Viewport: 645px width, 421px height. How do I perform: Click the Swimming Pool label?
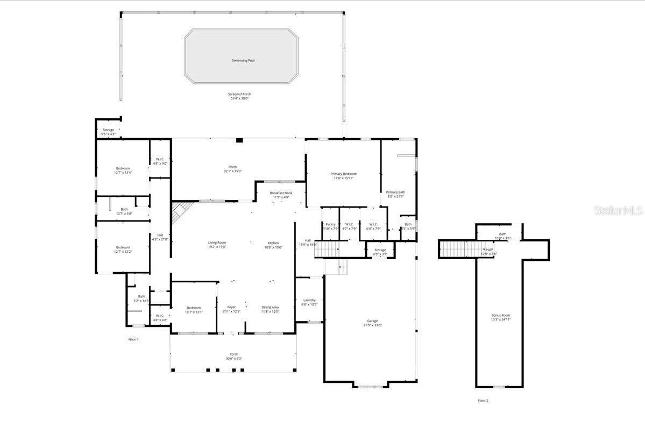tap(243, 61)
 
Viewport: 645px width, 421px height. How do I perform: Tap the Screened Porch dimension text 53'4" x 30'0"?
tap(239, 98)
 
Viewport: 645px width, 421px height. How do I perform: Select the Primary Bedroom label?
tap(343, 174)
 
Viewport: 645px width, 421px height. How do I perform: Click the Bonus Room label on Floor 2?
tap(501, 315)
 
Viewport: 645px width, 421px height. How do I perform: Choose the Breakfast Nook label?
tap(281, 192)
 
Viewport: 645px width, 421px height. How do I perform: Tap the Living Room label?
tap(217, 242)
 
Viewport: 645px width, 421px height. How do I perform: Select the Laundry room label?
tap(309, 300)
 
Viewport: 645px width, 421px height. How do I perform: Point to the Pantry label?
tap(330, 224)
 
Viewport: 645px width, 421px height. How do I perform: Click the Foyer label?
tap(231, 307)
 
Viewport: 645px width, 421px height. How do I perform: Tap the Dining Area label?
tap(270, 307)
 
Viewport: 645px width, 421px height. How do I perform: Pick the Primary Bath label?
tap(395, 192)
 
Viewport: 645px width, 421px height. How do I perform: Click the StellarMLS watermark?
tap(618, 210)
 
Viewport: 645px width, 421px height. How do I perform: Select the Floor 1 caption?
tap(133, 339)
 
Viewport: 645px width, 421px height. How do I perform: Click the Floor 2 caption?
tap(483, 401)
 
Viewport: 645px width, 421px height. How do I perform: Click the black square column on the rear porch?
tap(239, 140)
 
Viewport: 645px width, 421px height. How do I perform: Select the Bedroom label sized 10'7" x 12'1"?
tap(194, 308)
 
